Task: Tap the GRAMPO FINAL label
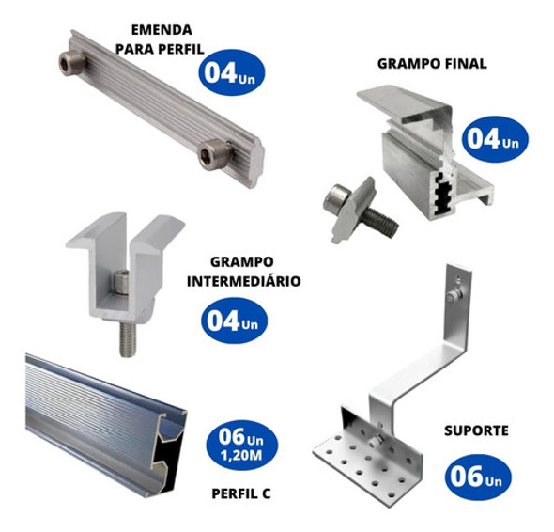[x=432, y=64]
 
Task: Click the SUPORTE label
[x=476, y=430]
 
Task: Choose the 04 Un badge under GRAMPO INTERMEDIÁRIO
[x=234, y=321]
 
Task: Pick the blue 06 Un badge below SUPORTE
[x=477, y=476]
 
